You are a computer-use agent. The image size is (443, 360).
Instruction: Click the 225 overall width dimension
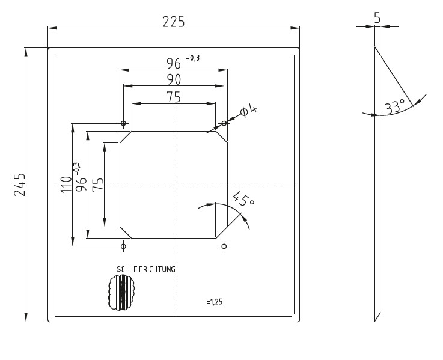174,22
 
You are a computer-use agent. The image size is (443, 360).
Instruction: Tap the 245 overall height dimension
19,184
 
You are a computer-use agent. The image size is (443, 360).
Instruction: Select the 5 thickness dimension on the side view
377,18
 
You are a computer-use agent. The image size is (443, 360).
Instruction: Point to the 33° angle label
394,108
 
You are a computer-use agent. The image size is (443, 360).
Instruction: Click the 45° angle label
242,200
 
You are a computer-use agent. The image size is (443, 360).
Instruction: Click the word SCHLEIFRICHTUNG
146,269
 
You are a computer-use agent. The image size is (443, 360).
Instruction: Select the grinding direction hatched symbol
123,293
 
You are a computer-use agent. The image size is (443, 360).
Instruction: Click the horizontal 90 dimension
174,79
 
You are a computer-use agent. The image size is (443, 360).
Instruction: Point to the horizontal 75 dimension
174,97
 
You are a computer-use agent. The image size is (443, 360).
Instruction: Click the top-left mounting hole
124,123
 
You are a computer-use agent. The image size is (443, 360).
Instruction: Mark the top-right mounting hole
224,123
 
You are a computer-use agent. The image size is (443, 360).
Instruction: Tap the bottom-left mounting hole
124,246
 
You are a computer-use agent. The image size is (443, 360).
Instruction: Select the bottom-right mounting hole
224,246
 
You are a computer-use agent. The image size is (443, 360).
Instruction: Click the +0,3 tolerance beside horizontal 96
193,58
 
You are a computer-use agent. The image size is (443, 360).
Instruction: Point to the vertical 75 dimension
98,185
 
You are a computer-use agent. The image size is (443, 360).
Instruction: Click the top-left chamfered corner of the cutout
126,137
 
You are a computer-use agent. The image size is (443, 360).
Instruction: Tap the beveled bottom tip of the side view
377,316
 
